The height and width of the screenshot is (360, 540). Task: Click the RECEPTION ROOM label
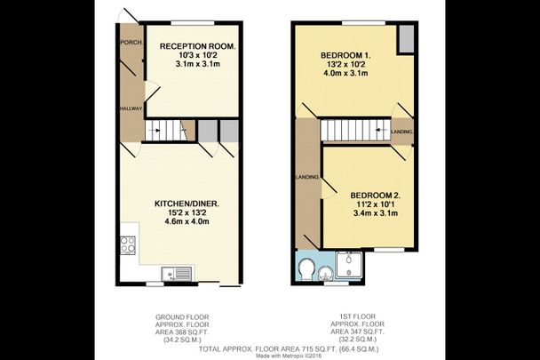tap(197, 46)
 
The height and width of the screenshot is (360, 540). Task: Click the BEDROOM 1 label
tap(345, 55)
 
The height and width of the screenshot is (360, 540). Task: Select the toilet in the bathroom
tap(307, 268)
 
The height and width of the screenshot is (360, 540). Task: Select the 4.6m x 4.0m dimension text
tap(187, 222)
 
